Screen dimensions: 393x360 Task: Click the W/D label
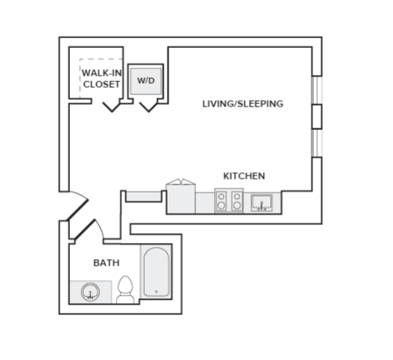point(146,80)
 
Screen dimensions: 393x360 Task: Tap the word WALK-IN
point(102,73)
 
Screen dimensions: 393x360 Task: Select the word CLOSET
point(102,85)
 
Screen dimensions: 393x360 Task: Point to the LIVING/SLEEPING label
point(242,104)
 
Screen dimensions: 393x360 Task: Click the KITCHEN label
point(244,176)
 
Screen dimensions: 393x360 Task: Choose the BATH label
point(107,262)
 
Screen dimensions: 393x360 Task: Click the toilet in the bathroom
point(125,289)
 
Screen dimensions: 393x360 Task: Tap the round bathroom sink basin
point(90,292)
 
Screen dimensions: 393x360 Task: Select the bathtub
point(156,271)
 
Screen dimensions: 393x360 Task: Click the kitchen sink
point(261,202)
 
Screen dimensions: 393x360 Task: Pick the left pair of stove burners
point(221,201)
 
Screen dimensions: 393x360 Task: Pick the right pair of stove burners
point(237,201)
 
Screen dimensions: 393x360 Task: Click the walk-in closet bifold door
point(111,106)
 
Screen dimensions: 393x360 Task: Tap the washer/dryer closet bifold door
point(148,106)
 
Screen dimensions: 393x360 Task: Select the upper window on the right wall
point(317,90)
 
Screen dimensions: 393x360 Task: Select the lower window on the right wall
point(317,143)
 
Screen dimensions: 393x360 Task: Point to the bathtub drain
point(156,292)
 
